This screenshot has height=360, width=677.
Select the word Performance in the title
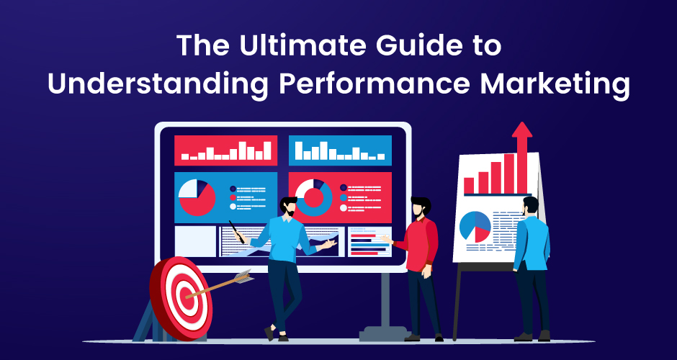[374, 84]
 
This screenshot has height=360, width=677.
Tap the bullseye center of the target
[187, 297]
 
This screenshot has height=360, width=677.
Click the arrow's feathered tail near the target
[243, 276]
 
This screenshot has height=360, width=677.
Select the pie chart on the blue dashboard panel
[197, 198]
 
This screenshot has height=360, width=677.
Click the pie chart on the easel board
[475, 227]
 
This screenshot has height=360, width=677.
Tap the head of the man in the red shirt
[420, 207]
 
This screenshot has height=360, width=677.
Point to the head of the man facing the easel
[531, 206]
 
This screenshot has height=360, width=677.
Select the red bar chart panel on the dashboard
[226, 150]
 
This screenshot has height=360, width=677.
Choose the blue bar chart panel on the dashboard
[340, 150]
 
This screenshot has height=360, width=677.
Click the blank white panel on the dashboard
[195, 241]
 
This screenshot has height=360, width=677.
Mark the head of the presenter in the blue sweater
[289, 207]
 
